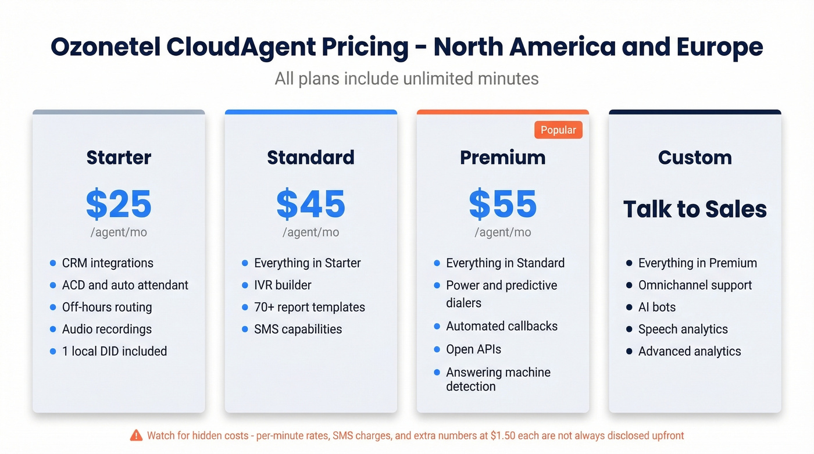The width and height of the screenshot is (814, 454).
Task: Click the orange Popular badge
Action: pyautogui.click(x=558, y=130)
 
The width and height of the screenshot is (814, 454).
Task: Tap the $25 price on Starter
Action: pyautogui.click(x=119, y=204)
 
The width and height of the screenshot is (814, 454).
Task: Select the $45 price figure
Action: pyautogui.click(x=310, y=204)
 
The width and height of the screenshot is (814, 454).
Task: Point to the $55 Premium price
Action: pyautogui.click(x=502, y=204)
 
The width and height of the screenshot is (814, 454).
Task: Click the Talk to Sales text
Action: pyautogui.click(x=695, y=209)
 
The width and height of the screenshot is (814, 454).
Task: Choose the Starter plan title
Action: pyautogui.click(x=119, y=158)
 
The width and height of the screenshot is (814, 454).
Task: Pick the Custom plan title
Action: pyautogui.click(x=695, y=158)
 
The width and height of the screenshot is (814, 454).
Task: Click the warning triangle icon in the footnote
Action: pyautogui.click(x=136, y=435)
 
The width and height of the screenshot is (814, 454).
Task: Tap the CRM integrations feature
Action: pyautogui.click(x=108, y=263)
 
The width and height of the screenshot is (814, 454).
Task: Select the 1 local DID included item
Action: pyautogui.click(x=115, y=351)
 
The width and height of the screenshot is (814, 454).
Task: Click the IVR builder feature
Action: pyautogui.click(x=283, y=285)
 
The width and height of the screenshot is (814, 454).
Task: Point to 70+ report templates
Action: pyautogui.click(x=309, y=307)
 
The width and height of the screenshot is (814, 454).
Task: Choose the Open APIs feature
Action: pyautogui.click(x=473, y=349)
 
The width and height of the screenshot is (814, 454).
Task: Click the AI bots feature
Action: pyautogui.click(x=657, y=307)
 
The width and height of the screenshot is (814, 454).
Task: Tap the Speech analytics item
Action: pyautogui.click(x=683, y=329)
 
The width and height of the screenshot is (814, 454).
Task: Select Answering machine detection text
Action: pyautogui.click(x=498, y=379)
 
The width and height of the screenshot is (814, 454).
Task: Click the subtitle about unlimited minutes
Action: pyautogui.click(x=406, y=78)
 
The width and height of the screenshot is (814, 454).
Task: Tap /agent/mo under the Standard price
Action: pyautogui.click(x=310, y=233)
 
